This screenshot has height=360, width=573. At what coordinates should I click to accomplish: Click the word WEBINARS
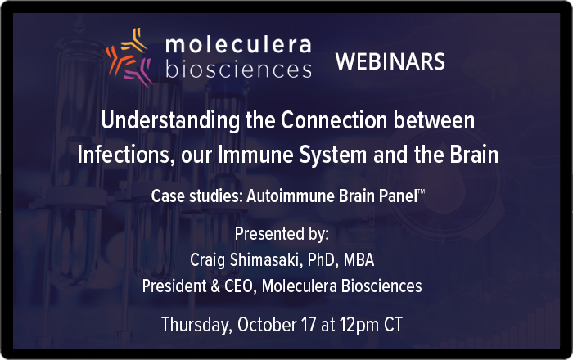pyautogui.click(x=390, y=61)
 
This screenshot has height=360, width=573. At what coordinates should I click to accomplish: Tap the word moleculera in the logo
pyautogui.click(x=238, y=44)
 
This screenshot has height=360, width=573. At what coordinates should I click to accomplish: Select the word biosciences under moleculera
pyautogui.click(x=239, y=69)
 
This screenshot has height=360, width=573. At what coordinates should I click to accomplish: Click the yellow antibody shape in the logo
pyautogui.click(x=134, y=41)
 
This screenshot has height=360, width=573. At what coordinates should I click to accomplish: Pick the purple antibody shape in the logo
pyautogui.click(x=138, y=72)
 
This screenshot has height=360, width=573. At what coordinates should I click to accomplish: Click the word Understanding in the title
pyautogui.click(x=170, y=121)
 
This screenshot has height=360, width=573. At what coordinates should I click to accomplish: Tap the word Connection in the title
pyautogui.click(x=334, y=120)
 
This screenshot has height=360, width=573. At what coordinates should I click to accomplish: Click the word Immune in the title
pyautogui.click(x=255, y=155)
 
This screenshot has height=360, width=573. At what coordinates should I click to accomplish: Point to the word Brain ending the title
pyautogui.click(x=474, y=155)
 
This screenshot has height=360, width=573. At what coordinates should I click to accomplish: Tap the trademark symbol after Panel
pyautogui.click(x=422, y=191)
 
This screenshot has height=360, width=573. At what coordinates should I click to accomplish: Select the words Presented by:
pyautogui.click(x=282, y=234)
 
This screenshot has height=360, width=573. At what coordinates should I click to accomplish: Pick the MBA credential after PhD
pyautogui.click(x=359, y=260)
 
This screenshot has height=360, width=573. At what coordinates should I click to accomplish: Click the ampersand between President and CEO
pyautogui.click(x=215, y=286)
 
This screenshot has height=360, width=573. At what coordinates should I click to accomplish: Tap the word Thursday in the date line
pyautogui.click(x=196, y=325)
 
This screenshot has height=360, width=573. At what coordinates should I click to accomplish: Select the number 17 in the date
pyautogui.click(x=308, y=324)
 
